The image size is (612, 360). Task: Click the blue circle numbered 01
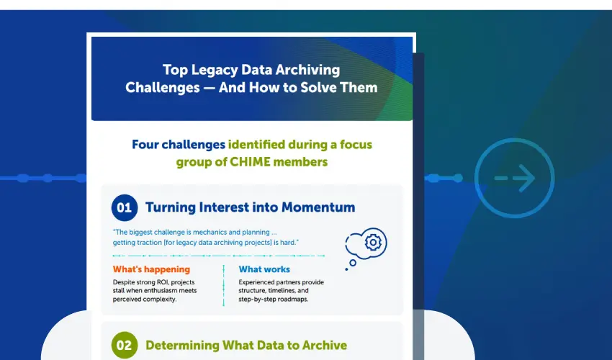coord(125,208)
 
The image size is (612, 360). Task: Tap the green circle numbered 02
coord(125,346)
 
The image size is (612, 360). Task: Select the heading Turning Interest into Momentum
coord(250,207)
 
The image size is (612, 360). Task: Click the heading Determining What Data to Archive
coord(246,346)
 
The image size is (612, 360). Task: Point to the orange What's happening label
coord(151,269)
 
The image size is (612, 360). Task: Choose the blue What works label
coord(264,269)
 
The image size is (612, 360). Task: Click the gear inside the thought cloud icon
coord(372,243)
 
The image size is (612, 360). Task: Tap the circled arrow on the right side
coord(515,178)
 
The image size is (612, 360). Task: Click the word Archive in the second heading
coord(321,346)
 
